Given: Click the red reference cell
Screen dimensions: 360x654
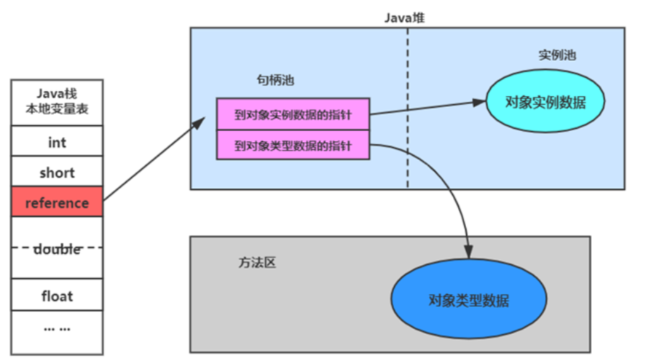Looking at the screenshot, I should [x=57, y=203].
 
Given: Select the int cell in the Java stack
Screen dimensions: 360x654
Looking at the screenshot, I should [x=57, y=142].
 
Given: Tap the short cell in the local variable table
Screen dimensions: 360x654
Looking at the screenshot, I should [x=57, y=173].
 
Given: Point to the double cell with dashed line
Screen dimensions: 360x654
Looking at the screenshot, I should [x=57, y=248].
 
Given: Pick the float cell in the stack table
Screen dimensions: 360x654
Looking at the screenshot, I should [x=57, y=296].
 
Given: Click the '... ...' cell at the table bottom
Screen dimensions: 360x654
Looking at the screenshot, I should [x=57, y=328].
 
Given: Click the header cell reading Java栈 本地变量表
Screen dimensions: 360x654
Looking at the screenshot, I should [x=57, y=103].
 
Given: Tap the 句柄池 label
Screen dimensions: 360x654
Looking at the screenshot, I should [x=275, y=81].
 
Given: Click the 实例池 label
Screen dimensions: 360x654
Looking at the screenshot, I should [x=556, y=55].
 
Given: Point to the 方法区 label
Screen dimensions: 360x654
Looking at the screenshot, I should [x=257, y=262].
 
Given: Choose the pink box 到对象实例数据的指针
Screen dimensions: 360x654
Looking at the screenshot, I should [x=293, y=115].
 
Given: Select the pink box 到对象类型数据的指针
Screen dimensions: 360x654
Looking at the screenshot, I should [x=293, y=146].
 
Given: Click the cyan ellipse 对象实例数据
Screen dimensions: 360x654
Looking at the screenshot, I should [x=545, y=102].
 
